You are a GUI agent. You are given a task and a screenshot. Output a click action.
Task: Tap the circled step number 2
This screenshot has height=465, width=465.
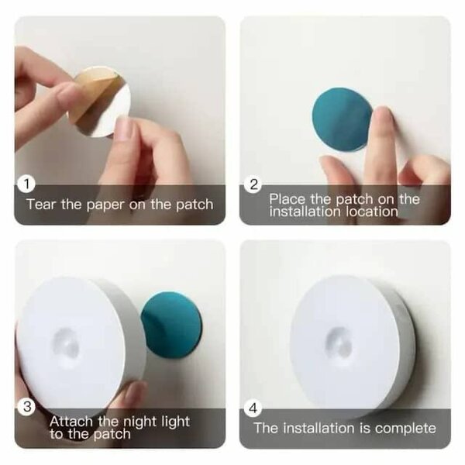click(x=253, y=184)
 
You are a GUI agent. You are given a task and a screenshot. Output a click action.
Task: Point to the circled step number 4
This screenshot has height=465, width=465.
click(x=253, y=404)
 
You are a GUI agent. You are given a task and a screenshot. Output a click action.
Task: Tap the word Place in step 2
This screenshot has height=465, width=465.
click(x=287, y=199)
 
